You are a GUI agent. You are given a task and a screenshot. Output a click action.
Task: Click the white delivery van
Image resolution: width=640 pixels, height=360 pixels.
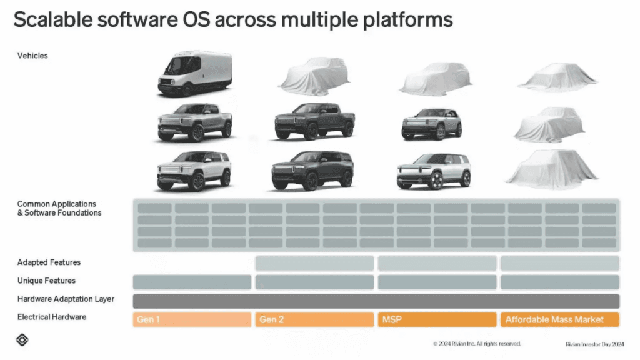[x=194, y=74]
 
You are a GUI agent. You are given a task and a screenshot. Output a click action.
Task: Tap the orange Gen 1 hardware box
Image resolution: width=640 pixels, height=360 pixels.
[x=192, y=319]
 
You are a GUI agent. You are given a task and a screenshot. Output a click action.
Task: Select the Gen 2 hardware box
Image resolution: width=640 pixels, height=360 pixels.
[x=314, y=319]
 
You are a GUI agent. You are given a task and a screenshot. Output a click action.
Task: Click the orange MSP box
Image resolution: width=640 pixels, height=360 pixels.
[x=437, y=319]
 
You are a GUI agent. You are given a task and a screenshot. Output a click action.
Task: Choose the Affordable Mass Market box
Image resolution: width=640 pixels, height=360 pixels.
[x=559, y=319]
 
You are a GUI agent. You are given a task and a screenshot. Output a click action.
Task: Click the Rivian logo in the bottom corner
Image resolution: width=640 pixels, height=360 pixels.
[x=22, y=341]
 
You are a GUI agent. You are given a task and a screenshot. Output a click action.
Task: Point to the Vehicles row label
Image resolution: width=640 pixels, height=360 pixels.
[x=32, y=56]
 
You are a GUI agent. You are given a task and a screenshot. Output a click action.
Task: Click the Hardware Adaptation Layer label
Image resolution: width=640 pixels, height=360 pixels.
[x=66, y=299]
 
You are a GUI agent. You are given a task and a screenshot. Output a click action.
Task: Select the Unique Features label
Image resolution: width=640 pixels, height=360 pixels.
[x=46, y=281]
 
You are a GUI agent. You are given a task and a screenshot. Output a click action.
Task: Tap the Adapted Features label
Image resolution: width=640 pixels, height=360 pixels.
[x=49, y=262]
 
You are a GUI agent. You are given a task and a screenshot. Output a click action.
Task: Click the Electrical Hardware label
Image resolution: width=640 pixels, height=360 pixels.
[x=52, y=317]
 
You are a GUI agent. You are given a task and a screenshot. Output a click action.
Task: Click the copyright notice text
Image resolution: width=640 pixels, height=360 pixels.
[x=477, y=344]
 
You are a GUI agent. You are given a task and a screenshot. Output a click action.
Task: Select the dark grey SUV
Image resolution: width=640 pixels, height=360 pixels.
[x=312, y=170]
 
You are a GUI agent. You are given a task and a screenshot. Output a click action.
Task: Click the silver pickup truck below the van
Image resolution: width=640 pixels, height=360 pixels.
[x=194, y=121]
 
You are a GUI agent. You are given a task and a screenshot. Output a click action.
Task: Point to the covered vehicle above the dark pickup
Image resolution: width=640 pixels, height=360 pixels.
[x=314, y=76]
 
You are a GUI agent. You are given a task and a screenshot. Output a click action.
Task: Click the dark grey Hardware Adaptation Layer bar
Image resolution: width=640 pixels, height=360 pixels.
[x=376, y=301]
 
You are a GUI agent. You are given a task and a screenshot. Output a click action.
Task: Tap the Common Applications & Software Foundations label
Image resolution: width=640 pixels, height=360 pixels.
[x=59, y=208]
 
